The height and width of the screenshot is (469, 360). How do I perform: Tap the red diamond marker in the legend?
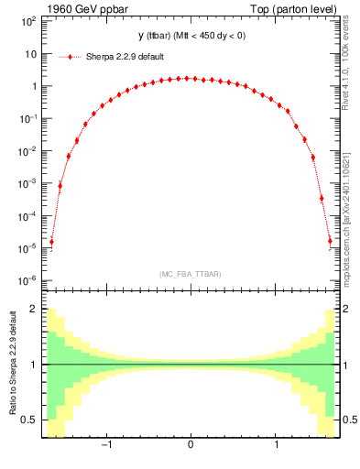(71, 57)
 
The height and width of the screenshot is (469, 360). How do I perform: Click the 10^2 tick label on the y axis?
(27, 21)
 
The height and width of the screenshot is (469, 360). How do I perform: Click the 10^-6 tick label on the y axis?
(27, 280)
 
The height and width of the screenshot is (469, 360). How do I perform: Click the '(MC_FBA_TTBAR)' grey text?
(190, 274)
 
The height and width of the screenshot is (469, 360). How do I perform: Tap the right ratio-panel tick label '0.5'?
(349, 420)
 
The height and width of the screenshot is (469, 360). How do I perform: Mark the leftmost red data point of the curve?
(51, 242)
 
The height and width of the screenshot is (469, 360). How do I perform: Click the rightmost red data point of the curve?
(330, 242)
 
